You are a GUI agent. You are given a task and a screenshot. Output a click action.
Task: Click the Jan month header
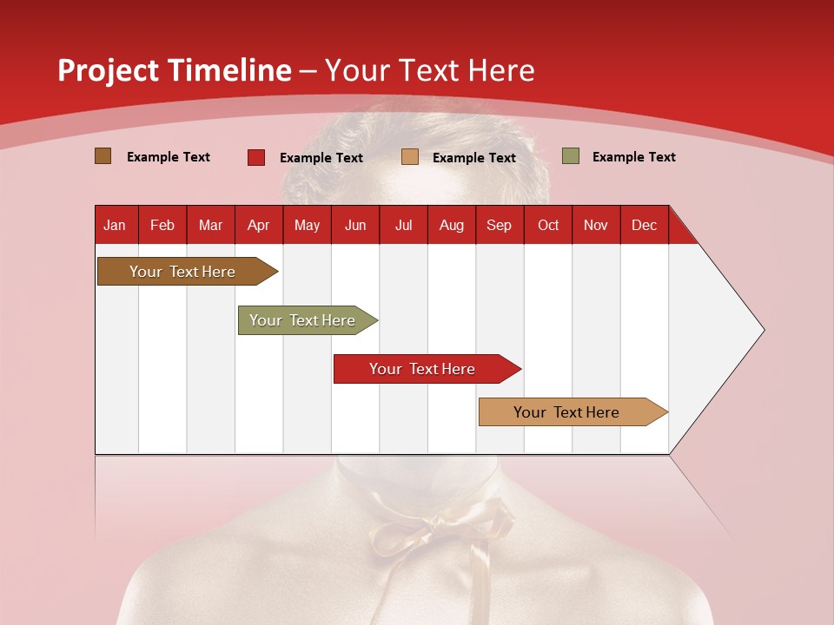click(x=115, y=226)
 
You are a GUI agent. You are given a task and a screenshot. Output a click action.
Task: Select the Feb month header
click(x=162, y=226)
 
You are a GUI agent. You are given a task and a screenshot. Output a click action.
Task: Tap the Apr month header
click(x=259, y=226)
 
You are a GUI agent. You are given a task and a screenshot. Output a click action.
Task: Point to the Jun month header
click(x=355, y=226)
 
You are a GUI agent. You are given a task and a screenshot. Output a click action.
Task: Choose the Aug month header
click(x=452, y=226)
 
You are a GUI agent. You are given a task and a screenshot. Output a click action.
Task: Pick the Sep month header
click(x=500, y=226)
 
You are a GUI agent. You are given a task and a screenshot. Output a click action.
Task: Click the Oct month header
click(x=548, y=226)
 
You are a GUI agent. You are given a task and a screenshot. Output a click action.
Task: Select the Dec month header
click(x=645, y=226)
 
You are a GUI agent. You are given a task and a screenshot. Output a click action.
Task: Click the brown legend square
click(x=103, y=156)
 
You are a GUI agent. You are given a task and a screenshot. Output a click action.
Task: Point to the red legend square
click(x=256, y=157)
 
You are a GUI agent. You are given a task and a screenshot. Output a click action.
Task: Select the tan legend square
click(x=410, y=157)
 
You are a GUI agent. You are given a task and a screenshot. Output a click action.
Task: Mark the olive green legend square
click(x=571, y=156)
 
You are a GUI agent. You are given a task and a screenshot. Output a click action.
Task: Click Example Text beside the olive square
click(x=633, y=157)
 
